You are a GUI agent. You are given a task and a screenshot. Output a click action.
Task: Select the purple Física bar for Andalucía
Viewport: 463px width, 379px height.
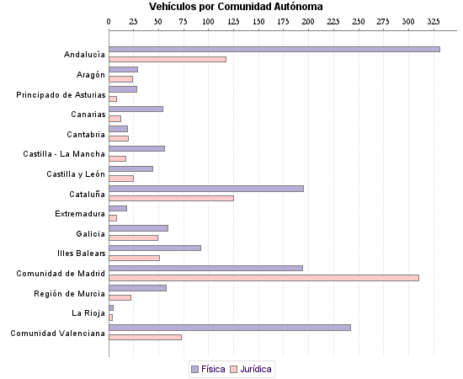[x=274, y=49]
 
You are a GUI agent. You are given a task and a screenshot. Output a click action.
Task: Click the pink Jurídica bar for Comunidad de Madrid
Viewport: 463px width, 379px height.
[x=263, y=278]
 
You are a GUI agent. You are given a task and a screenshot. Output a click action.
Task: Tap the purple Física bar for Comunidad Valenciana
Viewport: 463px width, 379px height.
[x=230, y=327]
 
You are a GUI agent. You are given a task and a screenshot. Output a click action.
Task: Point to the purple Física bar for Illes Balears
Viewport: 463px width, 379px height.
[x=155, y=248]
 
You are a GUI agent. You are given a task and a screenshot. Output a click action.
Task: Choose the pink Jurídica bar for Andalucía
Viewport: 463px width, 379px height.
[x=168, y=59]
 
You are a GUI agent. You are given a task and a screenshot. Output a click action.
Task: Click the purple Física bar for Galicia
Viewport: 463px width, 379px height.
[x=138, y=228]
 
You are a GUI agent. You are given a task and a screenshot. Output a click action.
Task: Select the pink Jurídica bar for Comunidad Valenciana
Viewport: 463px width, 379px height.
[x=145, y=337]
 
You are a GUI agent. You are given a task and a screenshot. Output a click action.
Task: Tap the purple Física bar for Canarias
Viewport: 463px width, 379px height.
[x=136, y=109]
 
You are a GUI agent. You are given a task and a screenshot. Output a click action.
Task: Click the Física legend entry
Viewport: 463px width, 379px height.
[x=207, y=369]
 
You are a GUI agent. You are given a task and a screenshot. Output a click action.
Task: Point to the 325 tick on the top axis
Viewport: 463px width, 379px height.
[x=434, y=20]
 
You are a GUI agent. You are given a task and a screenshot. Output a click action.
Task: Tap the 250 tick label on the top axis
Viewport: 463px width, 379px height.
[x=359, y=20]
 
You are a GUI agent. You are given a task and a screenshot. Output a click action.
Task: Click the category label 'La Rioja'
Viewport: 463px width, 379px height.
[x=88, y=312]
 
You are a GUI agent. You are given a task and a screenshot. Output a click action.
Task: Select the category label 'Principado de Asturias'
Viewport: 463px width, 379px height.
[x=61, y=94]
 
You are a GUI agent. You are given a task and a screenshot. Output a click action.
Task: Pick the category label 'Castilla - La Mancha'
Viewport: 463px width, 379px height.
[x=64, y=154]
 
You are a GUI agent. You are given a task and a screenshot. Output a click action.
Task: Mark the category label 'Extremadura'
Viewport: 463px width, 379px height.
[x=80, y=213]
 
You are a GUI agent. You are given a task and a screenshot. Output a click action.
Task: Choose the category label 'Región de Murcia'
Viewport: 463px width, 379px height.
[x=70, y=293]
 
